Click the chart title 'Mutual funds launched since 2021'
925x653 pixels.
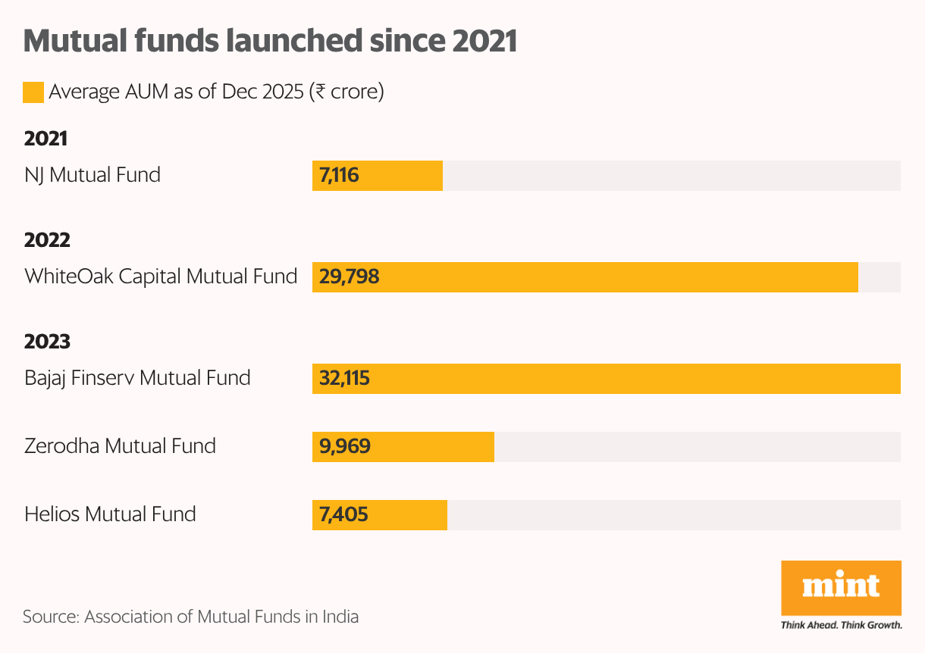pos(270,41)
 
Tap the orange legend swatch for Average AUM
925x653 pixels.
pos(33,92)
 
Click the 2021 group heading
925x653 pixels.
pos(45,139)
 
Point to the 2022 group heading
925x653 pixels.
pos(47,240)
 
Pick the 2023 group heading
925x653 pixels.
pos(47,342)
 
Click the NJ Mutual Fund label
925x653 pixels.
pos(92,175)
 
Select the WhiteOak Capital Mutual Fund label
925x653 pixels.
pos(161,277)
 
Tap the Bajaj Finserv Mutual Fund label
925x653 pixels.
pos(137,377)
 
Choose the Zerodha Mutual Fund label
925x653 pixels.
pos(120,445)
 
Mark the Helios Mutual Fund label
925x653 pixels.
pos(110,514)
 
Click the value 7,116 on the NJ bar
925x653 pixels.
pos(339,176)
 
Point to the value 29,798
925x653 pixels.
pos(349,277)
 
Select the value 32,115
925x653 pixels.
pos(344,378)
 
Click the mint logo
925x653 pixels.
pos(841,587)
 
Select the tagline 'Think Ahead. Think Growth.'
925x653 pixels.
pos(841,625)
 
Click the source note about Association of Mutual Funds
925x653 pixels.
pos(190,616)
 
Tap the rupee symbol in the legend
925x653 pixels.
pos(321,92)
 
